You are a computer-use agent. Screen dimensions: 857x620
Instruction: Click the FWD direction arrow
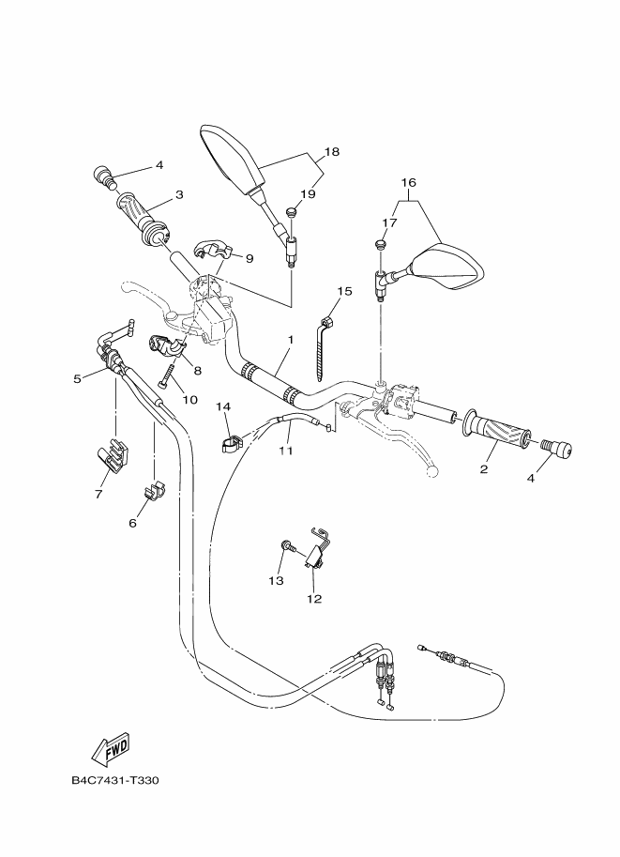(x=111, y=748)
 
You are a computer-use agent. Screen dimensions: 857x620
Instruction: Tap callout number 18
(x=331, y=152)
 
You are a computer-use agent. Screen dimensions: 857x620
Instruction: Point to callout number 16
(x=408, y=182)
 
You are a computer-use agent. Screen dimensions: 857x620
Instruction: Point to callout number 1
(x=291, y=339)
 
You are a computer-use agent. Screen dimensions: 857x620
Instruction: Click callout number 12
(x=313, y=599)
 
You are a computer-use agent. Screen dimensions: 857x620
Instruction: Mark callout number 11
(x=285, y=451)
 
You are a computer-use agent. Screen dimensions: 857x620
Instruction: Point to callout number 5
(x=77, y=379)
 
